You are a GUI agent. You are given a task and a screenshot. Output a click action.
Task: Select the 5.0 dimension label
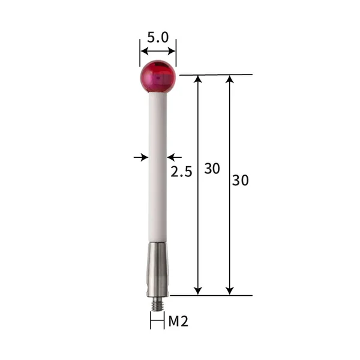158,38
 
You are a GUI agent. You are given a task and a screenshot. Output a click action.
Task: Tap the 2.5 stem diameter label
181,172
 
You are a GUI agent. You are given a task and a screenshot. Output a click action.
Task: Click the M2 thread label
178,322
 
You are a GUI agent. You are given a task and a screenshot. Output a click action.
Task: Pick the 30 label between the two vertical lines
212,169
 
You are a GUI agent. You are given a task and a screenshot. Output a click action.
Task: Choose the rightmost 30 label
241,179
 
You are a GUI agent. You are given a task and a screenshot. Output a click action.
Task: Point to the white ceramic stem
157,168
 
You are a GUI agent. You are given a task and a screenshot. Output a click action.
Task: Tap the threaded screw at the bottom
157,303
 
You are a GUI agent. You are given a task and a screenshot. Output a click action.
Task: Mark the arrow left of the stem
141,157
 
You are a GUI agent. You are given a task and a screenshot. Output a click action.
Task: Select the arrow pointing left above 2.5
173,157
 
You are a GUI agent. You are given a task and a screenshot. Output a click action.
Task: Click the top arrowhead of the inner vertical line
199,80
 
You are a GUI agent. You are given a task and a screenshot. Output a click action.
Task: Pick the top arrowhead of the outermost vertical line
229,80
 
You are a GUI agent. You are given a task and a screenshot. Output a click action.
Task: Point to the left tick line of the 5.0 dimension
140,49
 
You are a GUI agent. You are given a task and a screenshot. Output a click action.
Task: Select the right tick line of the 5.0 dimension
176,49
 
